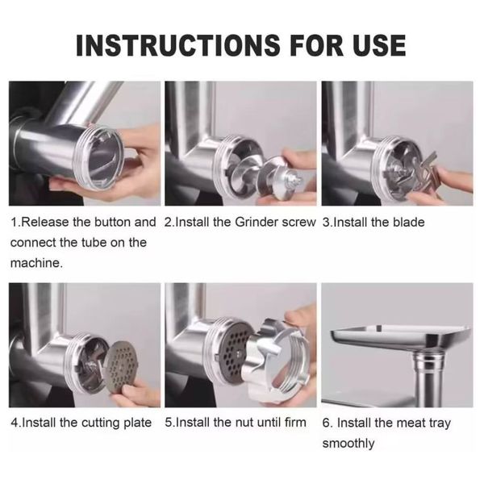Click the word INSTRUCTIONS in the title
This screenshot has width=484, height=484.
pyautogui.click(x=178, y=45)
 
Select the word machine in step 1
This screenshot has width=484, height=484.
pyautogui.click(x=36, y=263)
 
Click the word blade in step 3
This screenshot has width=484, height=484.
pyautogui.click(x=409, y=223)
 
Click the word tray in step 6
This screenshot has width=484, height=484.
pyautogui.click(x=440, y=423)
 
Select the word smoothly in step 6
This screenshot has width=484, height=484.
pyautogui.click(x=348, y=444)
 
